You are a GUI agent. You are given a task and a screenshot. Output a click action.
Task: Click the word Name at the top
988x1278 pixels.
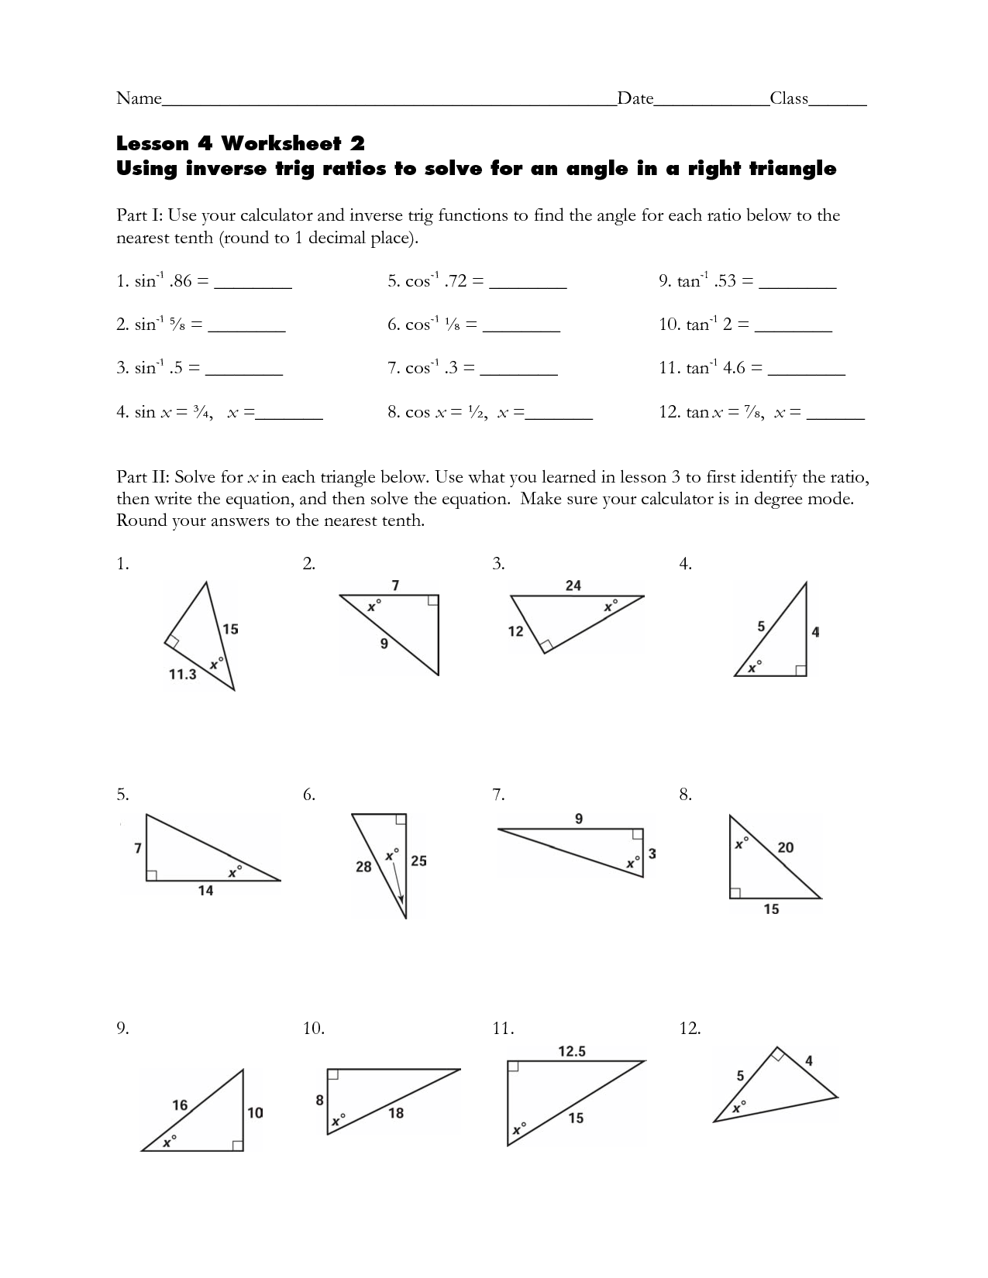tap(139, 98)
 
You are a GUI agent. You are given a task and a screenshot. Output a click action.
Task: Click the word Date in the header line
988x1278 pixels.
tap(635, 98)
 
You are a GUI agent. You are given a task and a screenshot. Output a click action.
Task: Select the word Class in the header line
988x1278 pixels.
tap(789, 98)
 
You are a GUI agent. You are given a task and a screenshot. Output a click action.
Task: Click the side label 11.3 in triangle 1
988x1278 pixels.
tap(182, 675)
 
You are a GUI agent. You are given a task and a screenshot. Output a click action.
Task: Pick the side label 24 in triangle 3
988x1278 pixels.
tap(573, 586)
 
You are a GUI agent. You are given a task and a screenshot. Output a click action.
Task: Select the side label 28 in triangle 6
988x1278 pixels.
tap(363, 867)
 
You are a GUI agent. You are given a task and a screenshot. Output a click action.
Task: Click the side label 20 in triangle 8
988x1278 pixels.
tap(785, 847)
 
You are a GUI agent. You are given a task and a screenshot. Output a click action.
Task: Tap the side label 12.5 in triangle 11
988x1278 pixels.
tap(572, 1051)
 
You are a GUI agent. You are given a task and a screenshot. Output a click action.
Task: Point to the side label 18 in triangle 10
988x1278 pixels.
tap(396, 1113)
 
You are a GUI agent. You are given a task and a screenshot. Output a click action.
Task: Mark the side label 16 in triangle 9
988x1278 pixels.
tap(180, 1105)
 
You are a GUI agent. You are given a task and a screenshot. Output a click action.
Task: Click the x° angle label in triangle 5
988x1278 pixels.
tap(234, 872)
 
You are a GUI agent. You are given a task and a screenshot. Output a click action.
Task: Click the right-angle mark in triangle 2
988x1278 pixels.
tap(433, 600)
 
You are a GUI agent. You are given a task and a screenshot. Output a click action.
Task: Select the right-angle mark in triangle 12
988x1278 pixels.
tap(777, 1055)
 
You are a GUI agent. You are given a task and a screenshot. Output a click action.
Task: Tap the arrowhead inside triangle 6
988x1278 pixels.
tap(401, 899)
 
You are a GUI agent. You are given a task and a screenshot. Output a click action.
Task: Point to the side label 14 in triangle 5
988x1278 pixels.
tap(205, 891)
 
